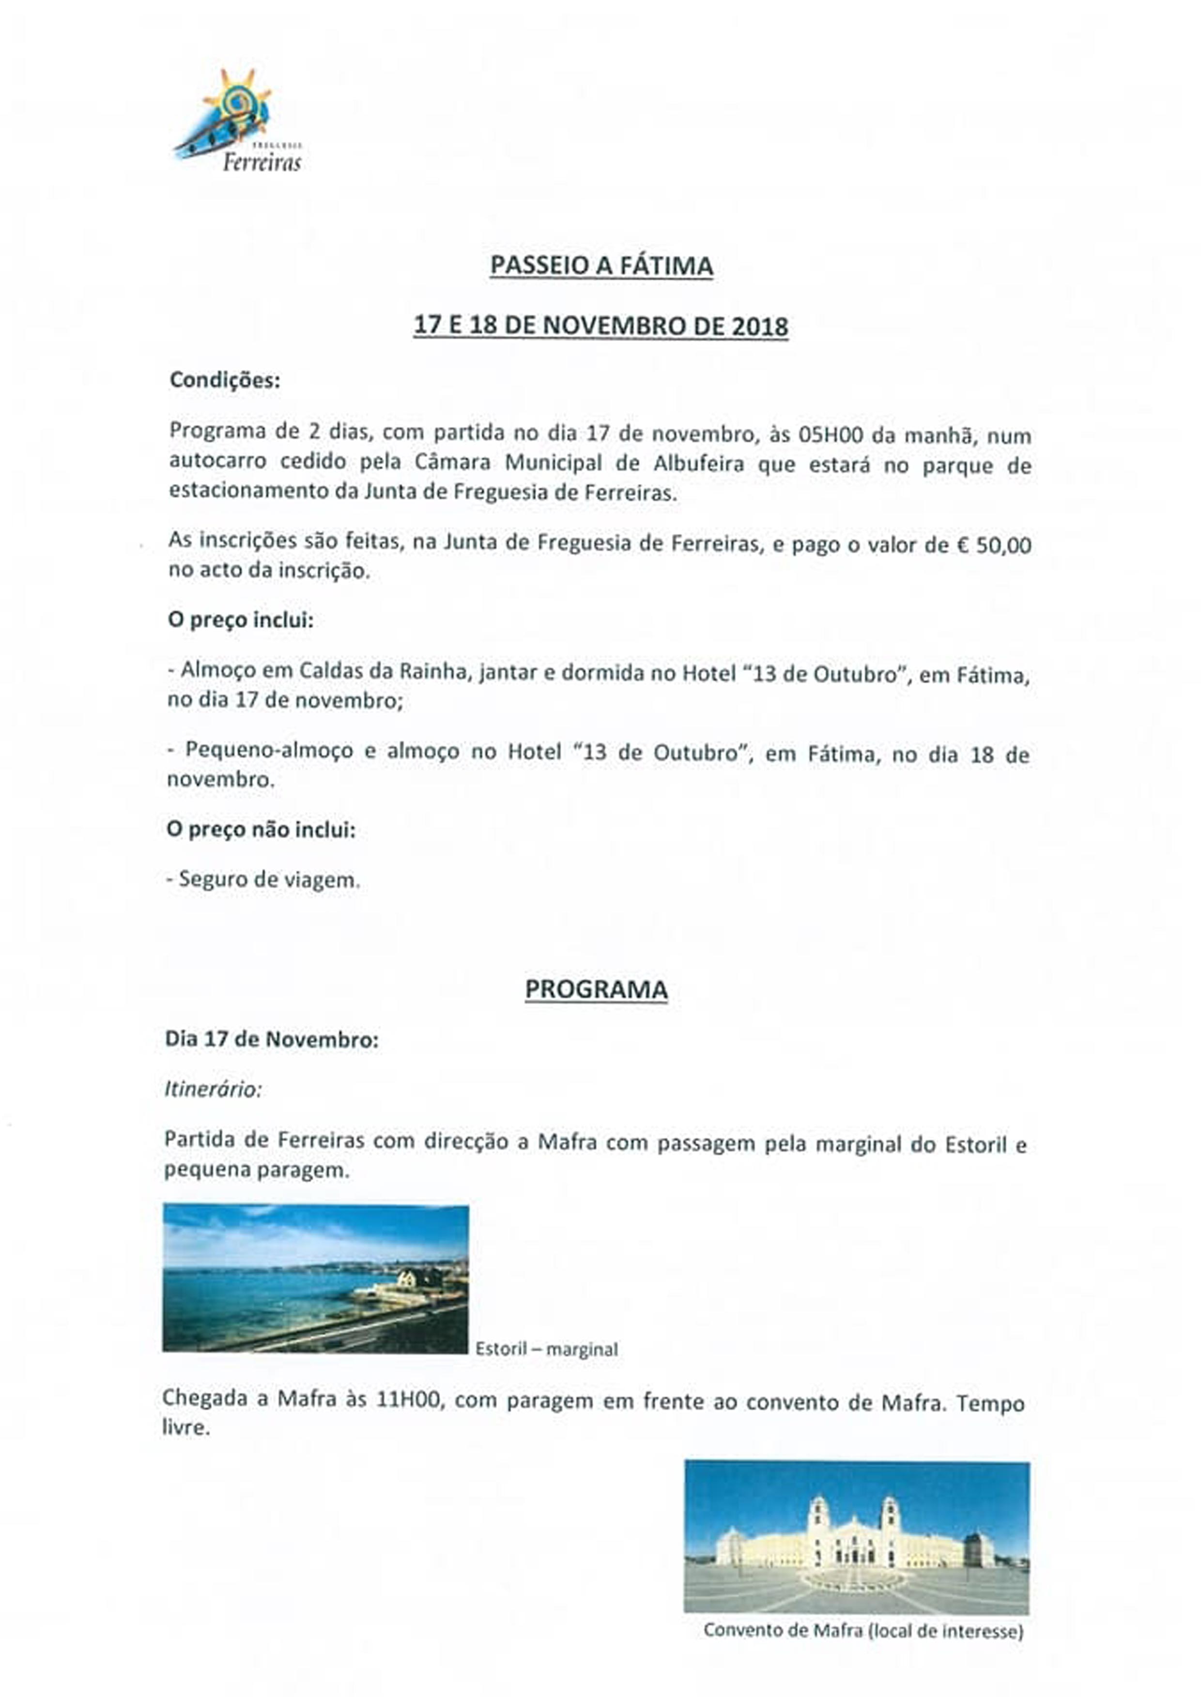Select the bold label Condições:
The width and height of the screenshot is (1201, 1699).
[225, 380]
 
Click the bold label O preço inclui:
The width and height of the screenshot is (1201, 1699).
[241, 619]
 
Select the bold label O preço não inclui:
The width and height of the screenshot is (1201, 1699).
[261, 830]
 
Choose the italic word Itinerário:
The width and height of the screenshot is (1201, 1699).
[213, 1089]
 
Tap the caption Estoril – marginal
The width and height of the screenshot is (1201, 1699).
[546, 1349]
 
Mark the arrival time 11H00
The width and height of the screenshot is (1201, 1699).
[408, 1401]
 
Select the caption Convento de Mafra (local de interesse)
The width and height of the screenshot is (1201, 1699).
[863, 1630]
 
